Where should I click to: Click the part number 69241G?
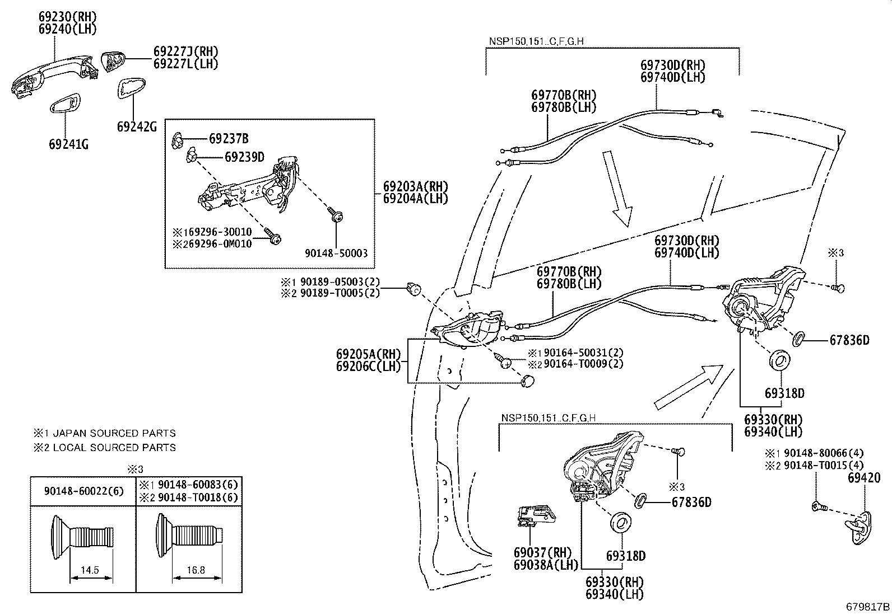(x=68, y=144)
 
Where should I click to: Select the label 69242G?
(x=137, y=127)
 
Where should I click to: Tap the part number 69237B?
(x=229, y=138)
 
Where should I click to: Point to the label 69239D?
(x=244, y=157)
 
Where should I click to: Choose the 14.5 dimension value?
(x=90, y=570)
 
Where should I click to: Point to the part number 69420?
(x=863, y=478)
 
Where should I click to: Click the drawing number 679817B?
(x=867, y=607)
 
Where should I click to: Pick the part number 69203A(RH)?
(x=415, y=186)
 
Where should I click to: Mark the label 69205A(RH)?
(x=369, y=354)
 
